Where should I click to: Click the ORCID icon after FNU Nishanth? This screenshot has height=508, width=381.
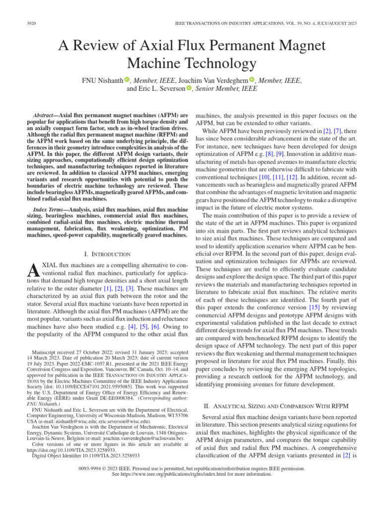pyautogui.click(x=127, y=80)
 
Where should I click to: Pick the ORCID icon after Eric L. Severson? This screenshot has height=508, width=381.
pyautogui.click(x=189, y=89)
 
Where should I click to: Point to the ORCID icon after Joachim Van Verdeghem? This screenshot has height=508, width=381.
pyautogui.click(x=252, y=80)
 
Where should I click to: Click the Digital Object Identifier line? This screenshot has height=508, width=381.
pyautogui.click(x=86, y=454)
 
